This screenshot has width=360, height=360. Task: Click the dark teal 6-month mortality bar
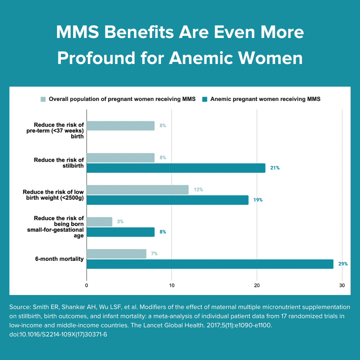(x=210, y=264)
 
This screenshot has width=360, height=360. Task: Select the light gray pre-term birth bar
(x=120, y=126)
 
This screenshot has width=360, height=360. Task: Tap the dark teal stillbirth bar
(x=176, y=168)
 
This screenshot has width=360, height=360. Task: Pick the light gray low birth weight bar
(x=137, y=190)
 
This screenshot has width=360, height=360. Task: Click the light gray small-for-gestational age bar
(x=99, y=222)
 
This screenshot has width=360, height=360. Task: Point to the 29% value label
(x=343, y=264)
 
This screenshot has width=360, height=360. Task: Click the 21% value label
(x=275, y=168)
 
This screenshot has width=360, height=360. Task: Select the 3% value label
(x=120, y=222)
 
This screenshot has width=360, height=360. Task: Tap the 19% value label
(x=258, y=200)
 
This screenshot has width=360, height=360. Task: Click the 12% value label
(x=198, y=190)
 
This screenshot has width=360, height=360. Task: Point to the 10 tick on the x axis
(x=172, y=285)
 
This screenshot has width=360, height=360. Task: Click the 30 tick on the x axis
(x=342, y=285)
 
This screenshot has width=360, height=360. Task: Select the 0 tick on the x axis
(x=86, y=285)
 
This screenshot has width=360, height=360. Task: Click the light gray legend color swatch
(x=43, y=99)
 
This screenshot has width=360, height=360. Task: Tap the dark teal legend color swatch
(x=205, y=99)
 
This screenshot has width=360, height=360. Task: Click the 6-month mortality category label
(x=59, y=259)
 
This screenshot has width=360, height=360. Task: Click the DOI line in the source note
(x=58, y=334)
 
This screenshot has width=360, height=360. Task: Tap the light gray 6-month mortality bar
(x=116, y=254)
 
